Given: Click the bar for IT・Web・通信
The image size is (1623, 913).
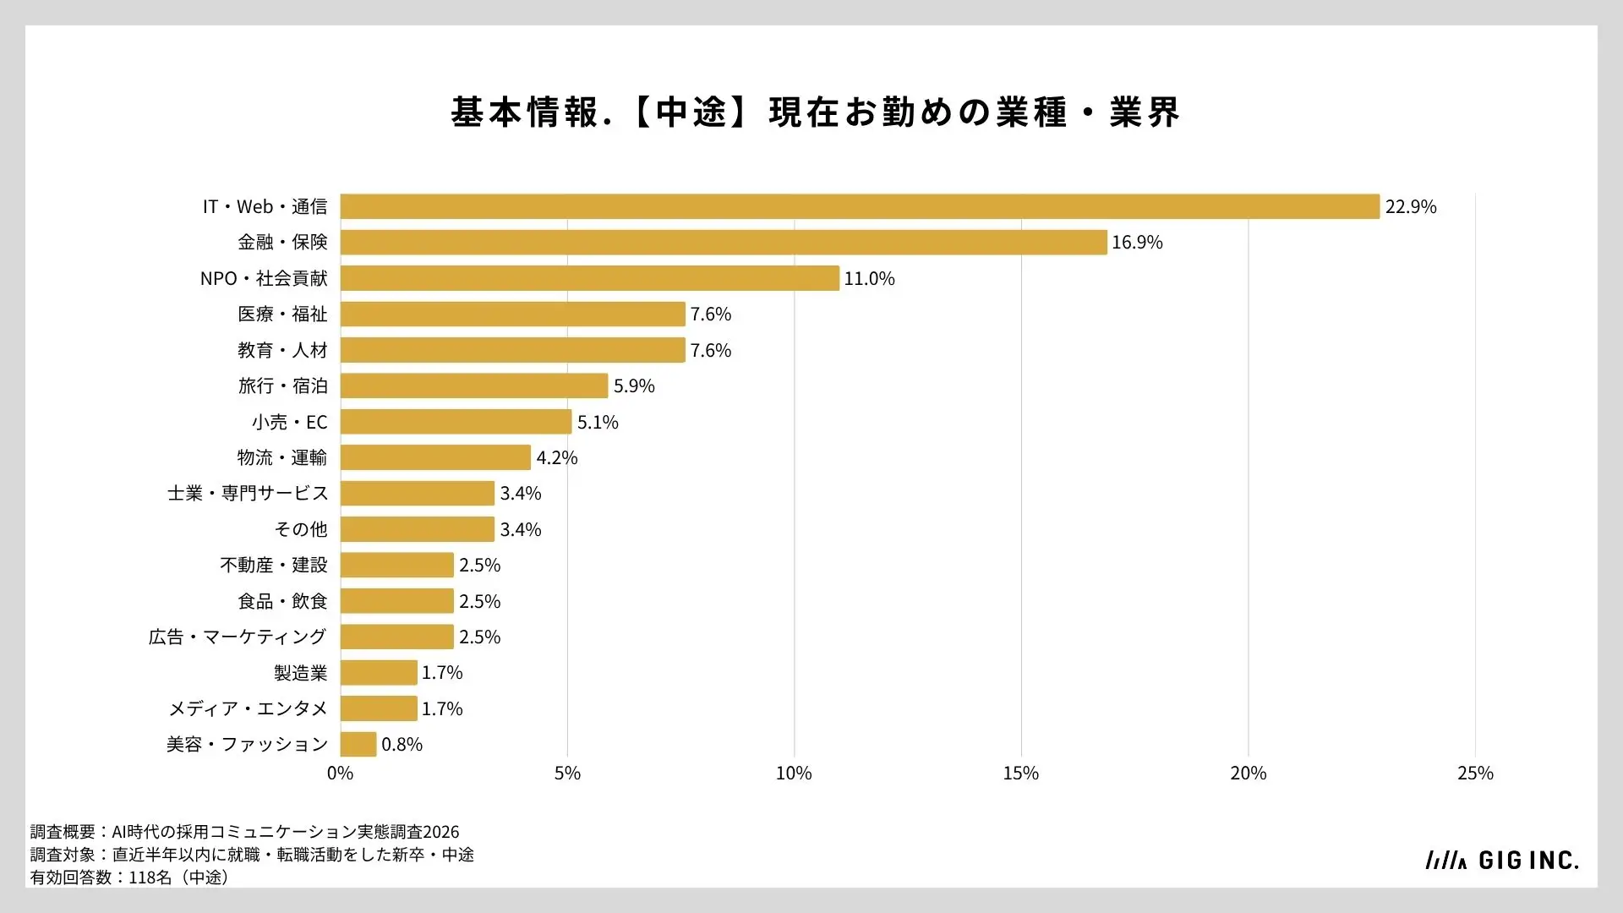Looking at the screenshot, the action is click(x=860, y=206).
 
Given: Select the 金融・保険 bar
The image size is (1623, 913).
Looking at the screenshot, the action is click(x=724, y=243).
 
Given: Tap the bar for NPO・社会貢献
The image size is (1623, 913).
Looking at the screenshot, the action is click(x=590, y=278).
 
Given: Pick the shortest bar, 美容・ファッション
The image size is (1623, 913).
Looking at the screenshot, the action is click(x=358, y=744).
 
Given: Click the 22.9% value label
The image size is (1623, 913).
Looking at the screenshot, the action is click(x=1411, y=207).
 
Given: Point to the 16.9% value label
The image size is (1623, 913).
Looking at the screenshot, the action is click(x=1137, y=243).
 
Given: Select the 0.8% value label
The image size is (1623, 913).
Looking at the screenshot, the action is click(x=402, y=745).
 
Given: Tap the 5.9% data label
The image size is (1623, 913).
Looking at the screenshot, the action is click(x=634, y=386).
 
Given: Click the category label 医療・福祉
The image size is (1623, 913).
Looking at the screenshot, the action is click(x=282, y=314).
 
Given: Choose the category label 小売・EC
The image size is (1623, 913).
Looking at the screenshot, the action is click(x=289, y=422).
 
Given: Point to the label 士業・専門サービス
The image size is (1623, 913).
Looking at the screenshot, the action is click(x=248, y=494).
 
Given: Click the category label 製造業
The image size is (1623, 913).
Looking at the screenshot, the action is click(x=301, y=673).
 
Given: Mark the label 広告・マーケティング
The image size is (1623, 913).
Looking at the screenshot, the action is click(x=238, y=637).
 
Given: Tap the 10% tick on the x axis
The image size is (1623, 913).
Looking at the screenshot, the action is click(x=794, y=774).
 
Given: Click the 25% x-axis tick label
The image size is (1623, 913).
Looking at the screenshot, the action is click(x=1475, y=774).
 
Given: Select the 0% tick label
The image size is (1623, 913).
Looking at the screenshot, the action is click(x=340, y=774).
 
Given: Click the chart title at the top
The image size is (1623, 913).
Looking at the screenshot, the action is click(x=815, y=112).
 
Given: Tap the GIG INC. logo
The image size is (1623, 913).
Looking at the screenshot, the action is click(x=1501, y=861).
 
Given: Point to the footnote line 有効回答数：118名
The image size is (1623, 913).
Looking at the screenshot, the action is click(x=130, y=877).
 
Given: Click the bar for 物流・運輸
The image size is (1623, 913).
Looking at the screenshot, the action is click(x=435, y=457).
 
